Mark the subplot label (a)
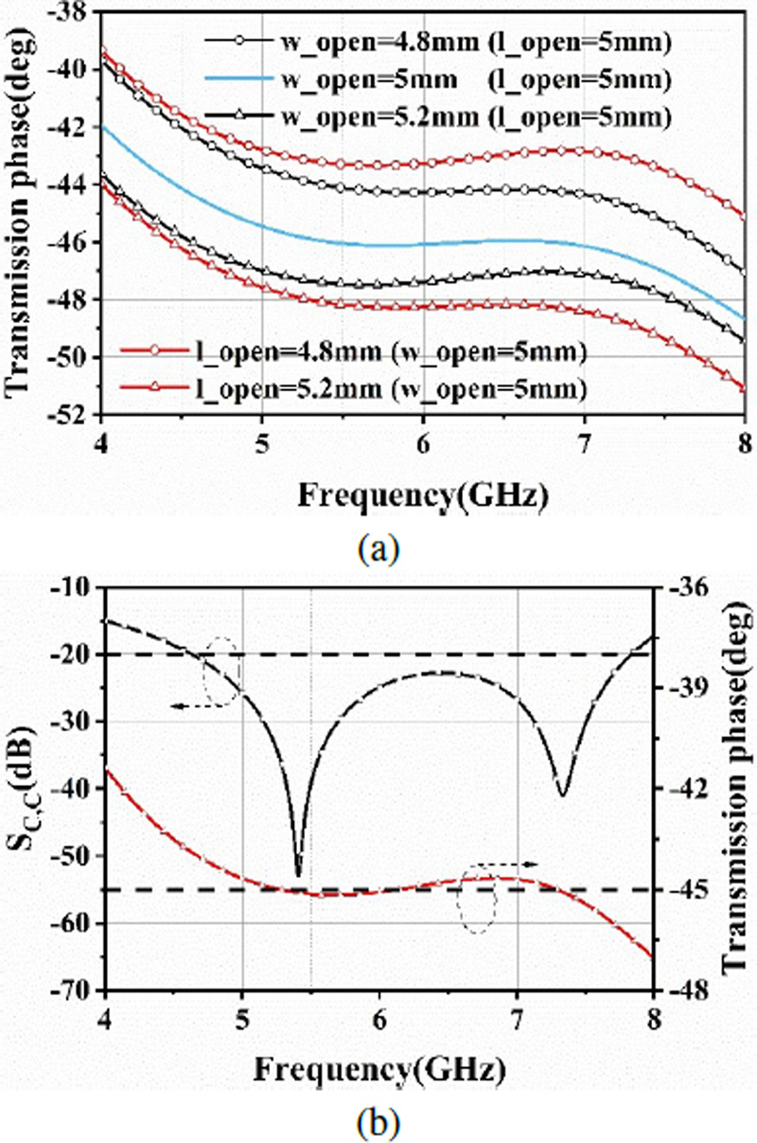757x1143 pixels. [x=377, y=546]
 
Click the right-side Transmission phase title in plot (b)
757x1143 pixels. [x=734, y=788]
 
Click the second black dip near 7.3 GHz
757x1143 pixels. [x=563, y=795]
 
